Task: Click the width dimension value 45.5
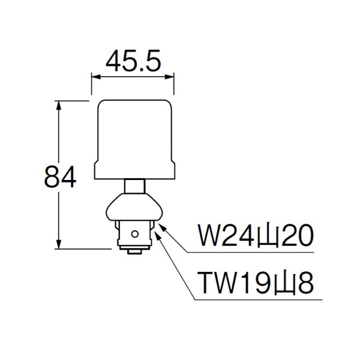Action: (x=132, y=61)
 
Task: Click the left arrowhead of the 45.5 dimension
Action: (x=94, y=76)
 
